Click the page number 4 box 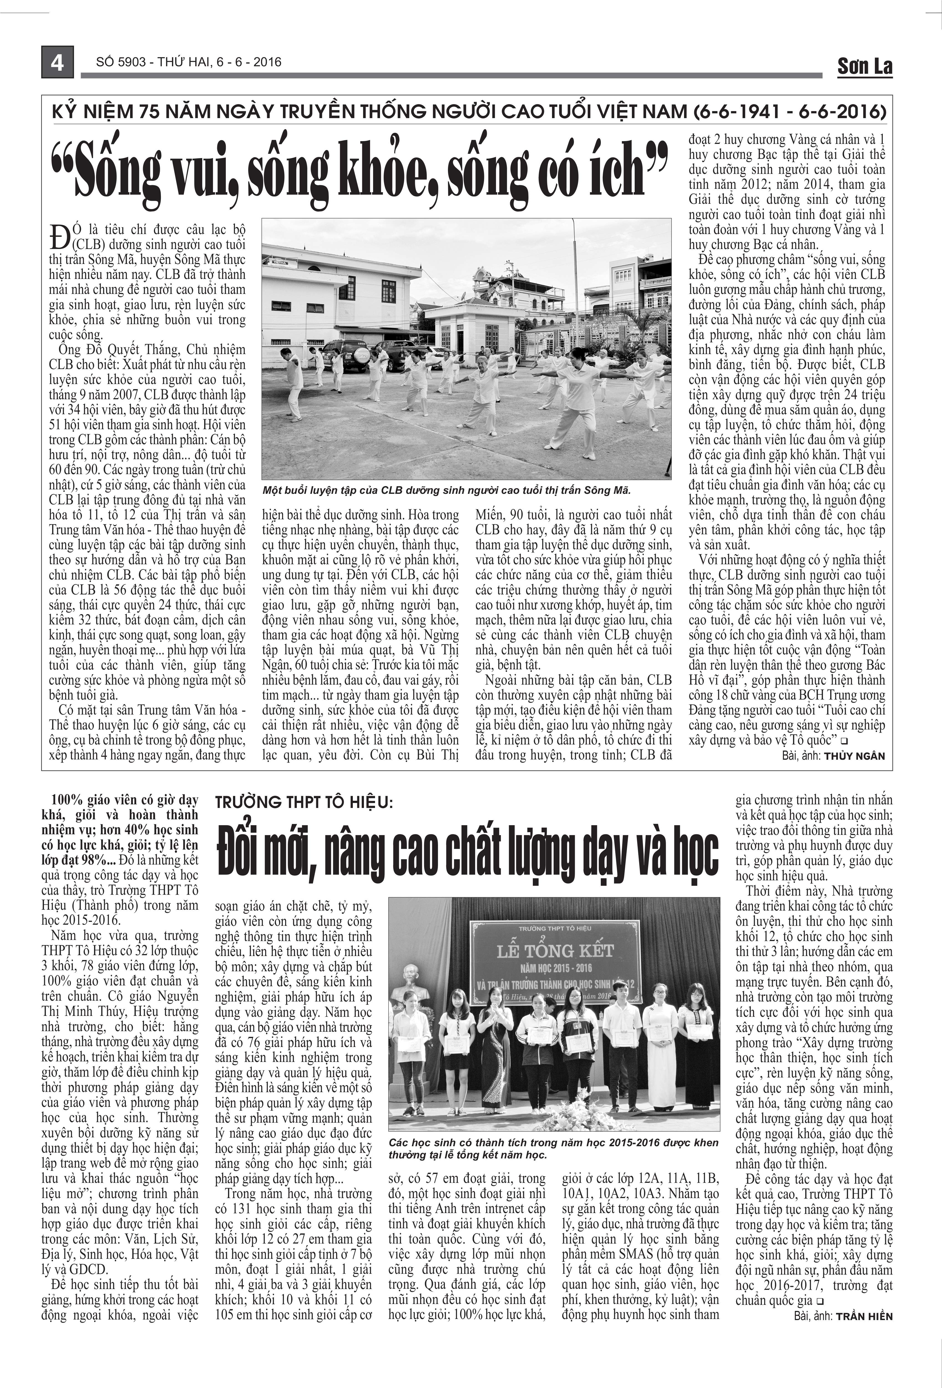coord(57,62)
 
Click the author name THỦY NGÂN coord(854,756)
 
